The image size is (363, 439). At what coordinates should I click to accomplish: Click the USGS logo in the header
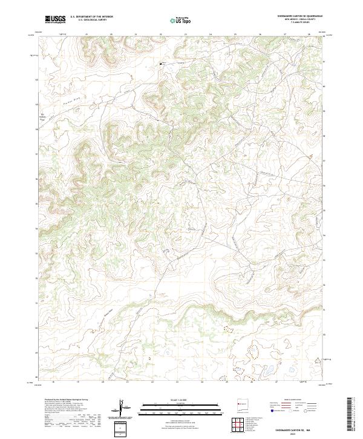pyautogui.click(x=56, y=20)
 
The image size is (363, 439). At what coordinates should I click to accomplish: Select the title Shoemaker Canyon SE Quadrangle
pyautogui.click(x=299, y=16)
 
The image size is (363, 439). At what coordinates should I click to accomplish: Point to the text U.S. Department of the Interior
pyautogui.click(x=91, y=17)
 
